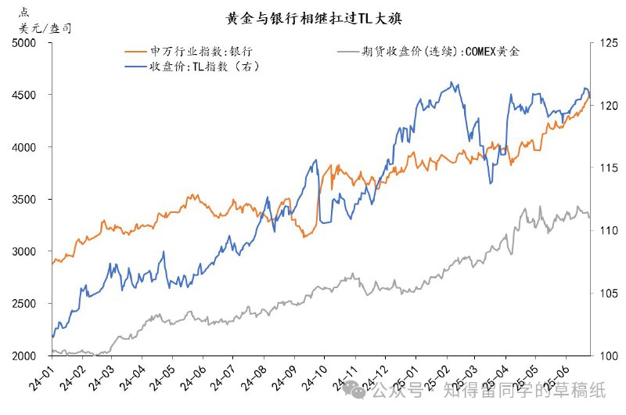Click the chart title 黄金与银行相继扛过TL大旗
tap(313, 17)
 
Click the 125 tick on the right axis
tap(606, 43)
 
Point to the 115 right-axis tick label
tap(606, 168)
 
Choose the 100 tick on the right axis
tap(606, 356)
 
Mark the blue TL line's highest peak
tap(452, 82)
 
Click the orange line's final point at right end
tap(589, 95)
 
